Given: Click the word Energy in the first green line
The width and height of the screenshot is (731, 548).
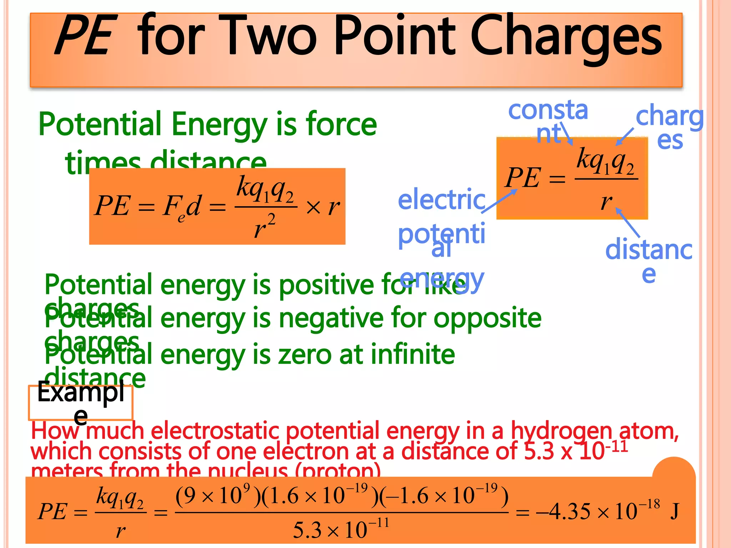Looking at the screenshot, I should click(x=219, y=125).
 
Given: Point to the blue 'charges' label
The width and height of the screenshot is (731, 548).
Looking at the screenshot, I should click(x=670, y=127).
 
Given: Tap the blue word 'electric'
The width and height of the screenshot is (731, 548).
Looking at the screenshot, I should click(x=442, y=200).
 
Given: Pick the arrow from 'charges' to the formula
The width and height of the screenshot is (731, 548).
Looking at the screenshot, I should click(x=625, y=137).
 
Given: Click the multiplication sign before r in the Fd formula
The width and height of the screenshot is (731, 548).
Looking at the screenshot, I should click(x=313, y=207).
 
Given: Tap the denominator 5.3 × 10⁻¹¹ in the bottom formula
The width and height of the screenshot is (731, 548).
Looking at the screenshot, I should click(x=341, y=529).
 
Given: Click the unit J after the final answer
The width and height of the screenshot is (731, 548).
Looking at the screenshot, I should click(x=674, y=512).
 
